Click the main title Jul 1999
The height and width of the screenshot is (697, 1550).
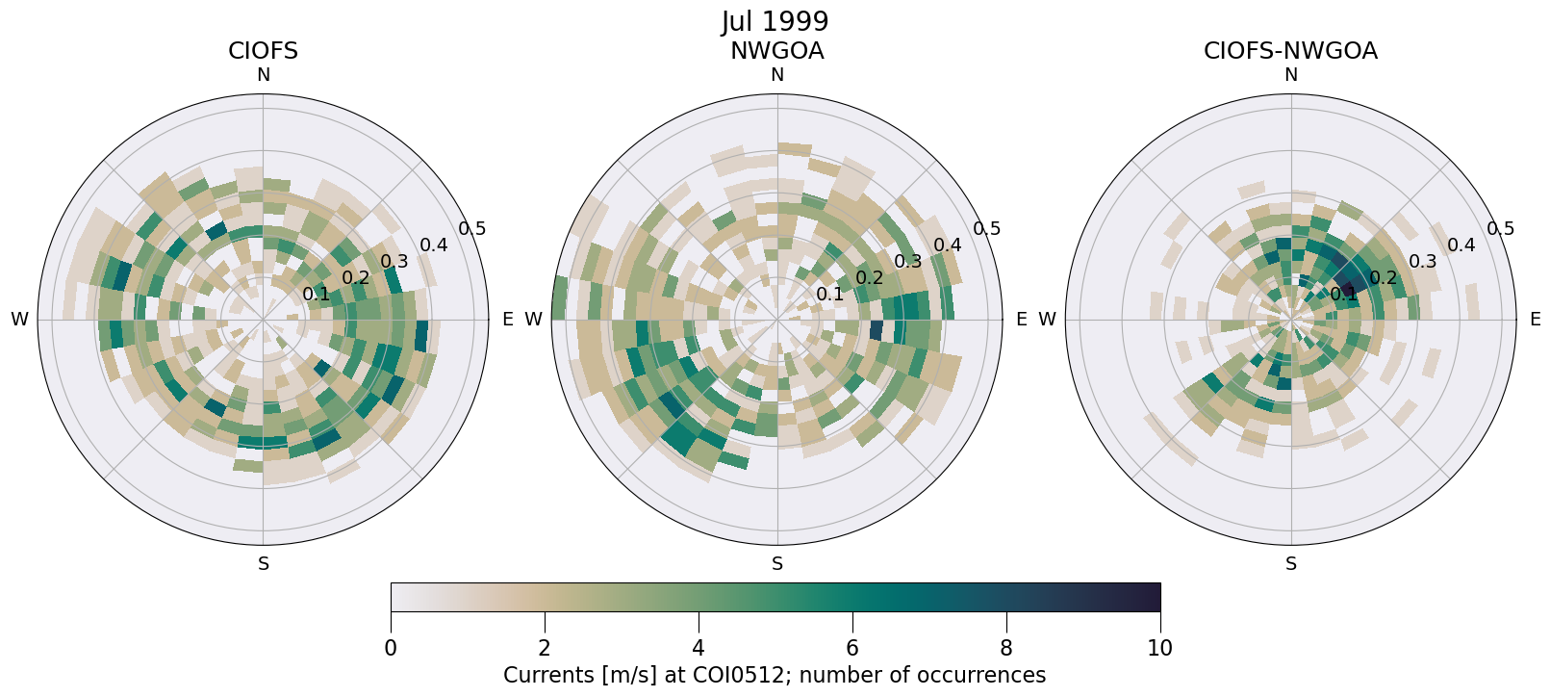(775, 21)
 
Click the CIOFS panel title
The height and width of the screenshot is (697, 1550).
(263, 51)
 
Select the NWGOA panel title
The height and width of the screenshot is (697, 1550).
(776, 51)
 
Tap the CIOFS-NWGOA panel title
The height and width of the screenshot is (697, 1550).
(1290, 51)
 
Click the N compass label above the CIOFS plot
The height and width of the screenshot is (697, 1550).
(263, 75)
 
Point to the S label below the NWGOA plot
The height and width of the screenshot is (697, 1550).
(777, 564)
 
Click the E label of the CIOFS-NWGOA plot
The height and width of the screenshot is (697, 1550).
(1535, 320)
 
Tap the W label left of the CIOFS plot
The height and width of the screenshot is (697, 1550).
(19, 320)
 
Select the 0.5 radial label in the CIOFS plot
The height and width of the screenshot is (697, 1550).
(472, 229)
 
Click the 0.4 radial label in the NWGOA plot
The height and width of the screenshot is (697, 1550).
(948, 245)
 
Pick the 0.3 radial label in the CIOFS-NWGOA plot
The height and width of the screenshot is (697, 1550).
(1422, 262)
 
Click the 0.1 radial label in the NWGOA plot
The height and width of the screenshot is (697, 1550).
(830, 295)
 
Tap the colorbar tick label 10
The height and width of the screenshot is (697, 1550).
(1159, 648)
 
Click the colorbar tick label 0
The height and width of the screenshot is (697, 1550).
(391, 648)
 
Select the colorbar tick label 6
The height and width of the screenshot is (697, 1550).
(852, 648)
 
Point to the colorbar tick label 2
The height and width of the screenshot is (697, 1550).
(545, 648)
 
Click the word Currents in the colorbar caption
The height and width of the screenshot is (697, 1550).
(542, 675)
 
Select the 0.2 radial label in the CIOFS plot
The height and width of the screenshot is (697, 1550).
(356, 278)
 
